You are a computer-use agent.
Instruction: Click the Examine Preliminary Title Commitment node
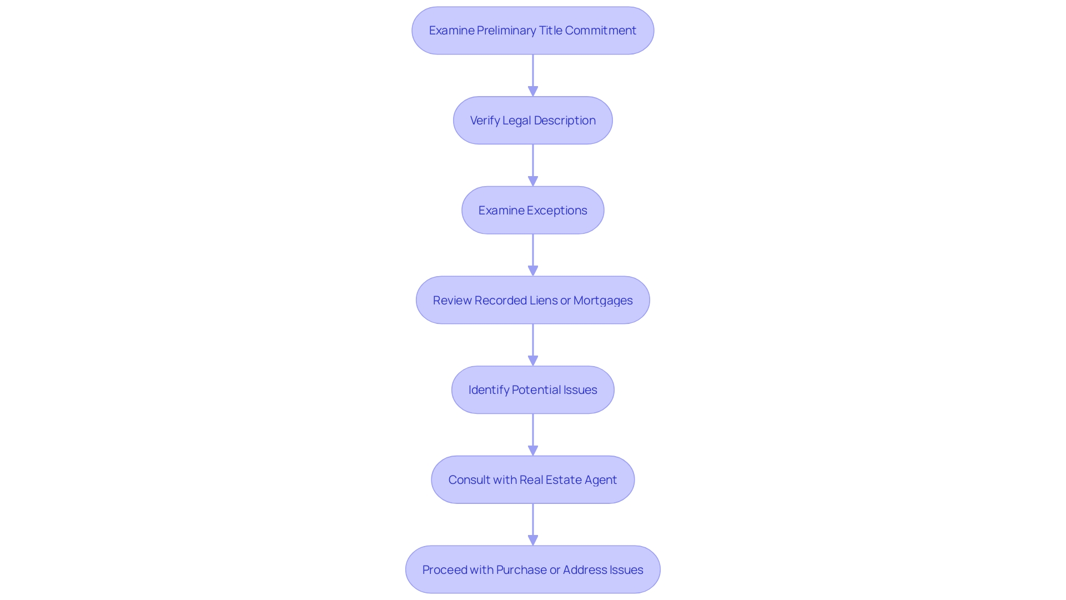(532, 31)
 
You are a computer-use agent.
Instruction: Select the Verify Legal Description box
(532, 121)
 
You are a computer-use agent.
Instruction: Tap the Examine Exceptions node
(532, 210)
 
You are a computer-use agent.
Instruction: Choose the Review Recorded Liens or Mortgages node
(532, 300)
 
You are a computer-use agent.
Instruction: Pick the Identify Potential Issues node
(532, 390)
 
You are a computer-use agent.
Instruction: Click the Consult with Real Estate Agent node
(532, 479)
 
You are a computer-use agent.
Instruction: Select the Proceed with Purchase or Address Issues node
(532, 569)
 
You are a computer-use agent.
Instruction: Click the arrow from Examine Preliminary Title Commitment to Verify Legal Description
(533, 75)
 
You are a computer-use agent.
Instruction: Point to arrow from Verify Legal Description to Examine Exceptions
(533, 165)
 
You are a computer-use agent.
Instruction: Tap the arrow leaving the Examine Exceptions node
(533, 254)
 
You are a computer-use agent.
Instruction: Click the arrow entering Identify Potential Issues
(533, 344)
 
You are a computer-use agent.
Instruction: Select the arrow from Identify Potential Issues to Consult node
(533, 434)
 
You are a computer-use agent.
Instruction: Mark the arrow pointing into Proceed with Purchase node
(533, 524)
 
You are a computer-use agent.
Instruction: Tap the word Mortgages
(602, 301)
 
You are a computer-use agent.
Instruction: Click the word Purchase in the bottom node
(521, 570)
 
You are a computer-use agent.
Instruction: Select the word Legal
(516, 121)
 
